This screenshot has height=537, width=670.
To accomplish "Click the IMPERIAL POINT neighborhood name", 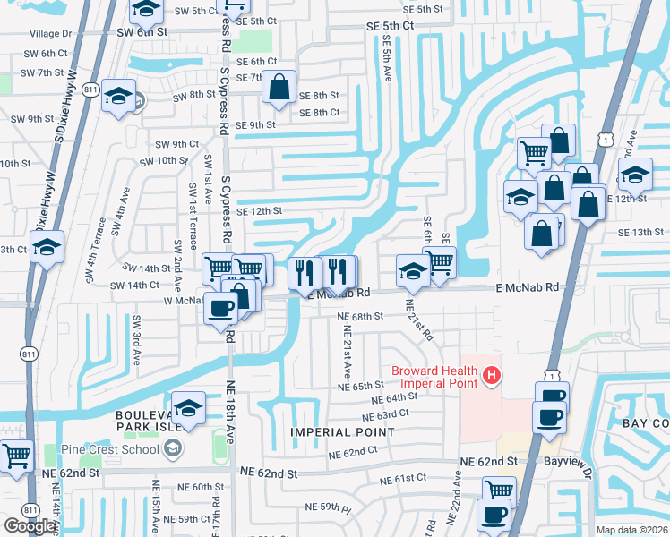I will [342, 432].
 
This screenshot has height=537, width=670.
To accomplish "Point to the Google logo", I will [30, 526].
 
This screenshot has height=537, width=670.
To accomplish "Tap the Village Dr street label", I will [49, 33].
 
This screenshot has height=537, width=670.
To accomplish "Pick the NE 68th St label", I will [360, 317].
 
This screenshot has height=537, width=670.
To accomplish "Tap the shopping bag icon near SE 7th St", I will [279, 87].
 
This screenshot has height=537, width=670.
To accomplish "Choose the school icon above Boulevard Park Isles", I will [188, 408].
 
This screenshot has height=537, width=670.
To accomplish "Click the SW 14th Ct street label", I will [134, 286].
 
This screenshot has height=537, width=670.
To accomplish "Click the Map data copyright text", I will [632, 530].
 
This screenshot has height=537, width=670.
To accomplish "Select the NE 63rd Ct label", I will [386, 414].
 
